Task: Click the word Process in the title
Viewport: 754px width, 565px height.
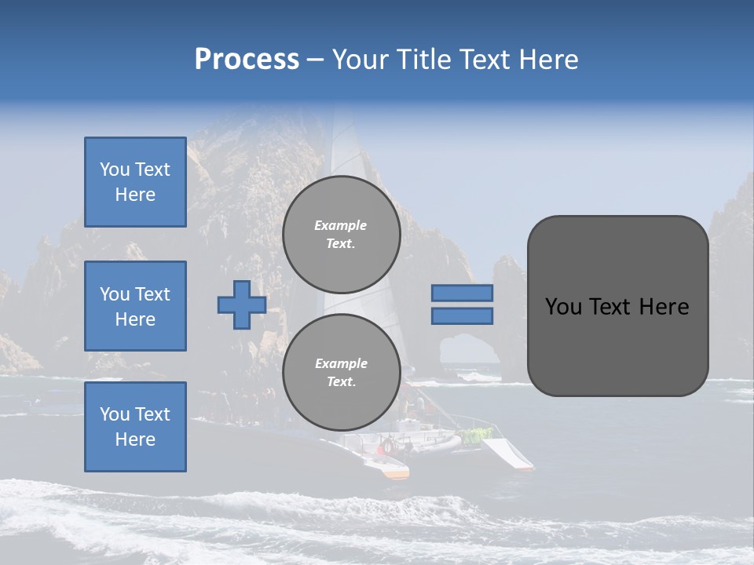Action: (247, 60)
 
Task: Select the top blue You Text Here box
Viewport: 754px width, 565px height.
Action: (135, 182)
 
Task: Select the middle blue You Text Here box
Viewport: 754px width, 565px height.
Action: (135, 306)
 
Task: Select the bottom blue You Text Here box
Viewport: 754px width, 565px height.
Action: (135, 427)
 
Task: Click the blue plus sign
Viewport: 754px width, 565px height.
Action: (242, 305)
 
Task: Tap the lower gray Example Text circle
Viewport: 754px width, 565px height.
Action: (341, 373)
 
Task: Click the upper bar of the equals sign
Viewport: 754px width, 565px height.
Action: (462, 293)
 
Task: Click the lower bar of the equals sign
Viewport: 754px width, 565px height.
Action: (462, 316)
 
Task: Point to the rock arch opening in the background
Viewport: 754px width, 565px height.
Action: (468, 348)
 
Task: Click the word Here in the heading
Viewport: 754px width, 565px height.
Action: (547, 60)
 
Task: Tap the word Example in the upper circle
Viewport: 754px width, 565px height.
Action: (340, 225)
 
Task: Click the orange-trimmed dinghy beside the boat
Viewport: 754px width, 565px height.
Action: (391, 470)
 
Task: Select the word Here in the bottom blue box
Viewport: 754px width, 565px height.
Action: (135, 439)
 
